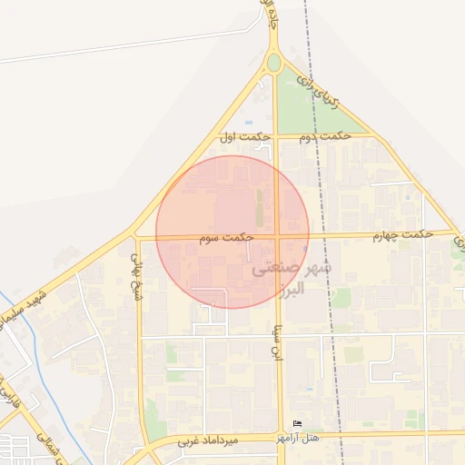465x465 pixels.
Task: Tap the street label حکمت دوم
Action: (x=328, y=136)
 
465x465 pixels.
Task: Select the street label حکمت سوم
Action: (x=228, y=236)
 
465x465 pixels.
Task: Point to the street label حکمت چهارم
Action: (x=400, y=235)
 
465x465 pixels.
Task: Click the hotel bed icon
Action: (x=298, y=424)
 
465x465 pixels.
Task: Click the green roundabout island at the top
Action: (x=273, y=63)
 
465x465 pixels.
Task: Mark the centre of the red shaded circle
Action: (x=232, y=232)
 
